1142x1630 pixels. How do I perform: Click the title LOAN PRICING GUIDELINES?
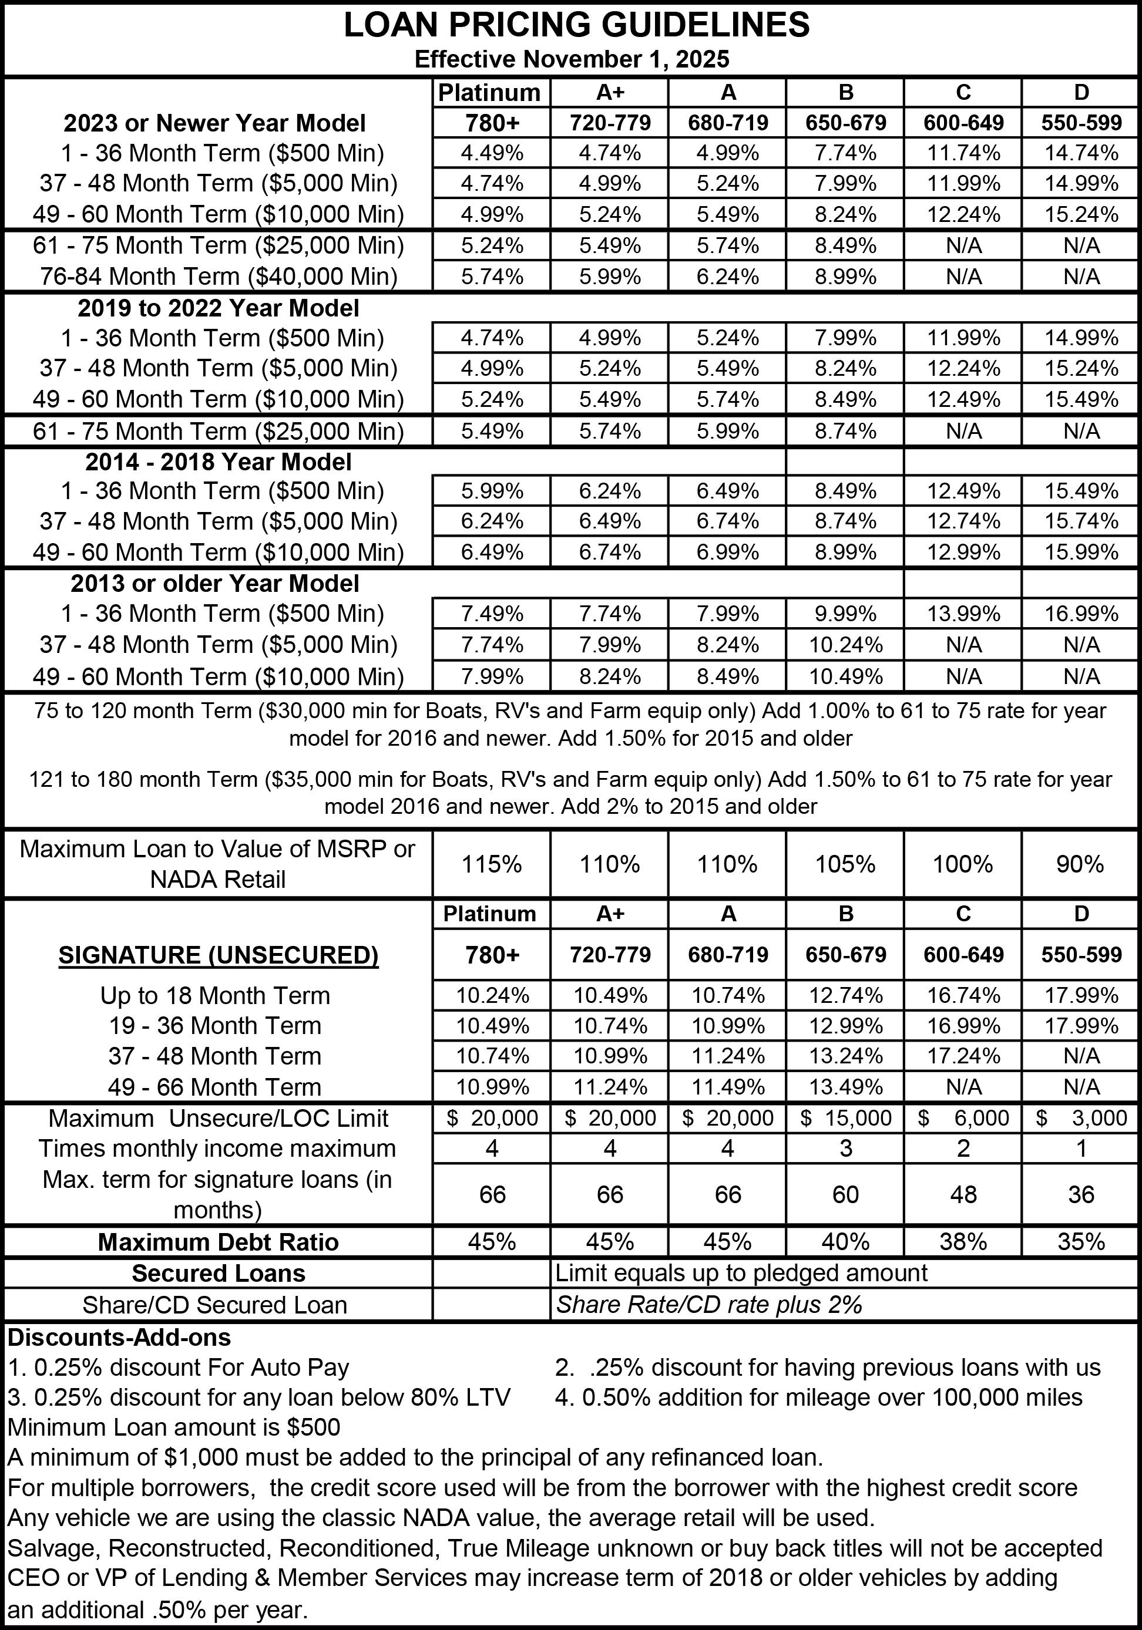577,26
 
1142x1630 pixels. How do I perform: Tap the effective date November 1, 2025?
572,59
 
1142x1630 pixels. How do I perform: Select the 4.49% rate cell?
492,153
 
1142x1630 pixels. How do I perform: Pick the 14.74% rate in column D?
1081,153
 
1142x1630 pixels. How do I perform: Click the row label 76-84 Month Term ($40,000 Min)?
218,276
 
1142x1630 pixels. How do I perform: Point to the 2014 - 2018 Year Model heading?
218,462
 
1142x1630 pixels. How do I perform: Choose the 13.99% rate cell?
963,614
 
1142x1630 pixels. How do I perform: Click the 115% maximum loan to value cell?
492,864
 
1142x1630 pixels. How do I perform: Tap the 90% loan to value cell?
1081,864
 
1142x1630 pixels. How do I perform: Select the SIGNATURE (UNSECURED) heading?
218,955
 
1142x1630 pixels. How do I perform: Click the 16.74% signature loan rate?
963,996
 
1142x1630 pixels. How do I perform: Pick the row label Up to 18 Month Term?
215,996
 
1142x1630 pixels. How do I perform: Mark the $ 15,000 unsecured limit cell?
845,1118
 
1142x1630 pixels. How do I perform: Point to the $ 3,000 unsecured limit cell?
1081,1118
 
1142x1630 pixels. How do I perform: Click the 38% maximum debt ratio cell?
963,1242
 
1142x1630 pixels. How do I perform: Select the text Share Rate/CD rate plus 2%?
709,1305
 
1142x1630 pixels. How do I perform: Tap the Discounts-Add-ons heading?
119,1338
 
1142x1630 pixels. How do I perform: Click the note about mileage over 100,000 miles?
819,1397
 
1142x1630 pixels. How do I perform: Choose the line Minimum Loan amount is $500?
173,1427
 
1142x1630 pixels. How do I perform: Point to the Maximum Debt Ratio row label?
218,1242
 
